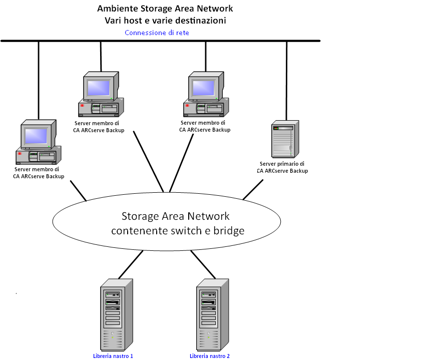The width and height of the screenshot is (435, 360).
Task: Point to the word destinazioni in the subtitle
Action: tap(200, 21)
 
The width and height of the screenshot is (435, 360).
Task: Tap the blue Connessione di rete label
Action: tap(157, 33)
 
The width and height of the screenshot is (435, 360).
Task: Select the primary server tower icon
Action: tap(285, 139)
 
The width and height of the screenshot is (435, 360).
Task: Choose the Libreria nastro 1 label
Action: tap(113, 356)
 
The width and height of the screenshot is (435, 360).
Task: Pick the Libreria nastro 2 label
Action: tap(210, 356)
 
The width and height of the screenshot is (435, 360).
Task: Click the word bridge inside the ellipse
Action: tap(227, 231)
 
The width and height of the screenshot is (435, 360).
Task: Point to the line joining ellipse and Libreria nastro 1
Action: tap(131, 264)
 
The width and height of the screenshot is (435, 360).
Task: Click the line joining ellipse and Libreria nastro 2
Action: tap(203, 264)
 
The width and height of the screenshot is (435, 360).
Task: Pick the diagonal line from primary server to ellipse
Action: tap(253, 190)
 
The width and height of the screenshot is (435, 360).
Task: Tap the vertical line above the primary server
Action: tap(287, 80)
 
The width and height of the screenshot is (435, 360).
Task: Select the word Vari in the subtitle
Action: tap(113, 21)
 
